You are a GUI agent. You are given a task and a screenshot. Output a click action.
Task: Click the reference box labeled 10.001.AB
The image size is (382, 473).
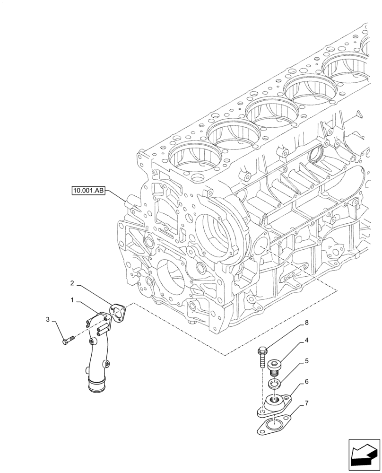(x=88, y=191)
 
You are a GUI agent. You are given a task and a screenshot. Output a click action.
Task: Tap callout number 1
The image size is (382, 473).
(x=72, y=300)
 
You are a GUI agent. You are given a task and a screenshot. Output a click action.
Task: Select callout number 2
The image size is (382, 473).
(x=72, y=283)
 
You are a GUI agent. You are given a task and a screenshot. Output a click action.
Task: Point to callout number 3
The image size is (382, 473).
(x=48, y=320)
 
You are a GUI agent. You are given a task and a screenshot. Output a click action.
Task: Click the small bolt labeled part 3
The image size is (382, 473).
(x=69, y=340)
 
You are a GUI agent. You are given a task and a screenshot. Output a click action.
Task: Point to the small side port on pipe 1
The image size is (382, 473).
(x=108, y=364)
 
